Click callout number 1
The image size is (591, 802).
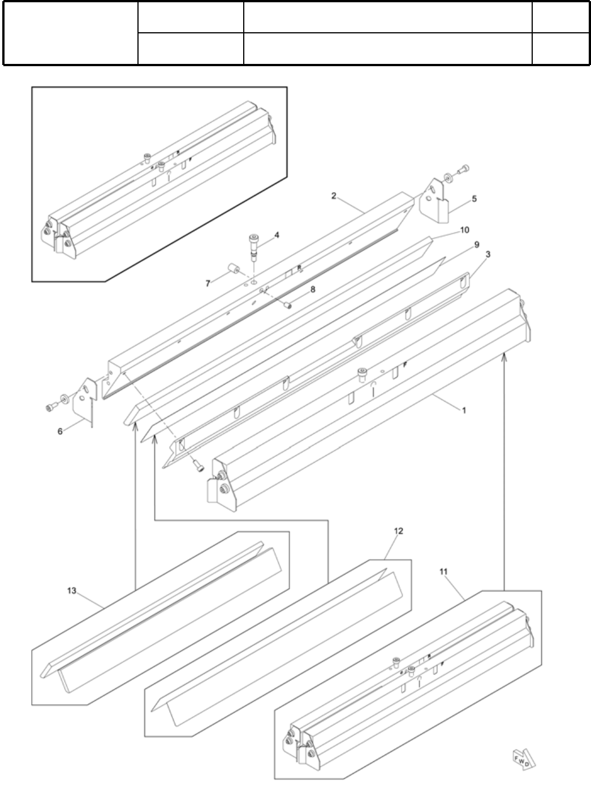tap(464, 411)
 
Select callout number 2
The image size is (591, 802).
tap(334, 196)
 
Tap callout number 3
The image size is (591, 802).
tap(488, 255)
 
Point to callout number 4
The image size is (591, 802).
tap(277, 235)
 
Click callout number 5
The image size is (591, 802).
tap(474, 199)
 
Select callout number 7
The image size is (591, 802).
tap(208, 283)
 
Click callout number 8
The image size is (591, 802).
tap(313, 290)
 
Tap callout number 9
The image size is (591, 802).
tap(477, 244)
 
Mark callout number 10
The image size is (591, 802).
tap(464, 230)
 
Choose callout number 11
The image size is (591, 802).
tap(443, 572)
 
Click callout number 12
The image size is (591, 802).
tap(398, 531)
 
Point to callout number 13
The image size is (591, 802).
tap(71, 591)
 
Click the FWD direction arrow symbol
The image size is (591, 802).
tap(523, 759)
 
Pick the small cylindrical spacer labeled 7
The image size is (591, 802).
tap(232, 267)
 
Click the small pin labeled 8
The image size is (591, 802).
tap(288, 305)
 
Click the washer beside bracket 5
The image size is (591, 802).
tap(448, 178)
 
